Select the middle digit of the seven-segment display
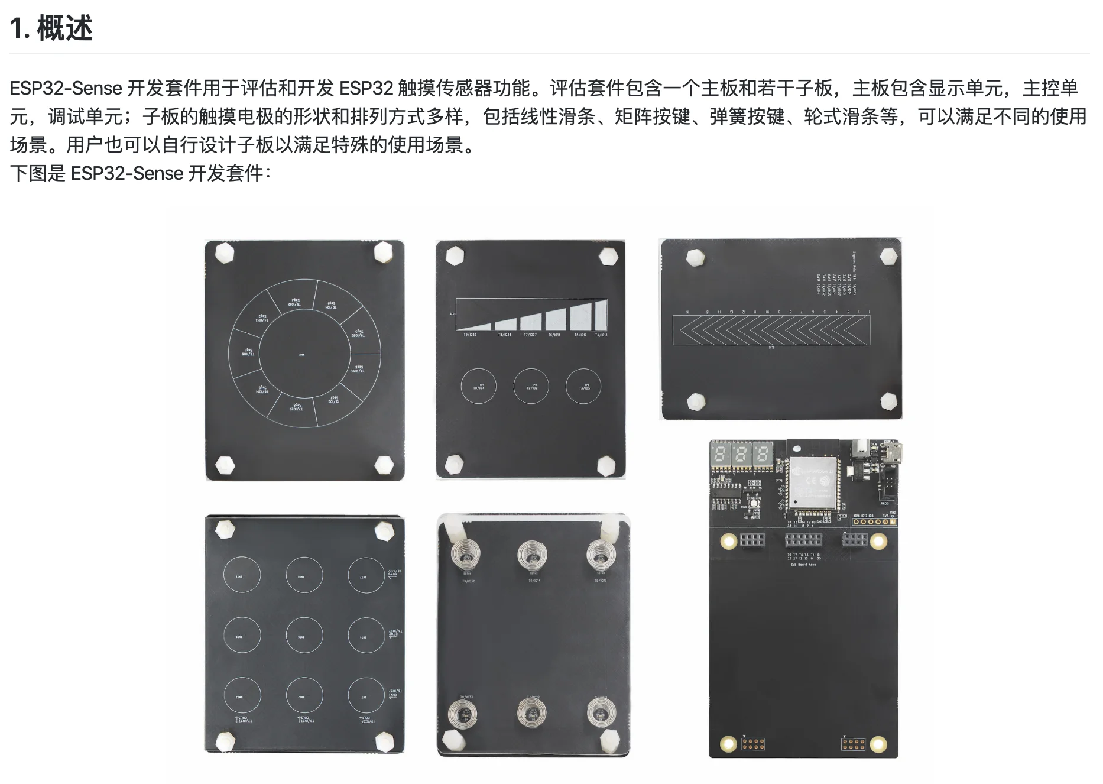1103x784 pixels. pos(741,455)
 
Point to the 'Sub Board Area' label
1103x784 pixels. pos(803,565)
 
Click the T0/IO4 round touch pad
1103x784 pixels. pos(478,387)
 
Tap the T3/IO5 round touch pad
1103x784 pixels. pos(583,387)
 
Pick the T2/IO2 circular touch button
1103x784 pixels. pos(531,387)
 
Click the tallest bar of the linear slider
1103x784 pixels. pos(601,315)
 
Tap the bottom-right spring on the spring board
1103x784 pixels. pos(601,712)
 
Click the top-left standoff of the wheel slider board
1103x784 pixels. pos(225,253)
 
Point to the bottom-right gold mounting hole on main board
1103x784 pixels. pos(878,743)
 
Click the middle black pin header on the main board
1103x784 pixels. pos(803,540)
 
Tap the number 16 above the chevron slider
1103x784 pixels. pos(688,312)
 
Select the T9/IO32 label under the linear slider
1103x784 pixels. pos(469,335)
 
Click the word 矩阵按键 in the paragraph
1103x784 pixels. pos(652,116)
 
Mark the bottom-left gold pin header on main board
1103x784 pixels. pos(752,743)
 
